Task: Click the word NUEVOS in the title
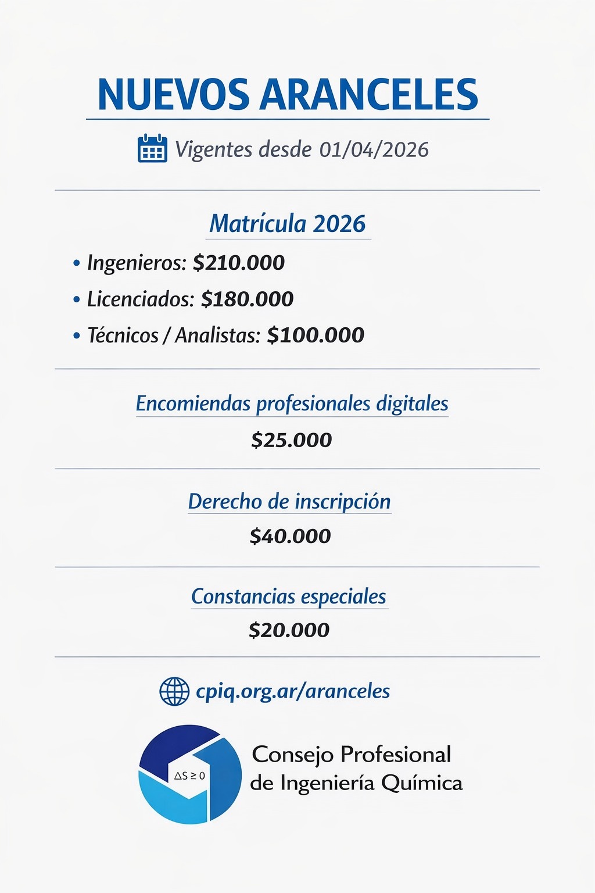pyautogui.click(x=174, y=94)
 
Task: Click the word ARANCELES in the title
pyautogui.click(x=368, y=94)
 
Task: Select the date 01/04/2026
pyautogui.click(x=374, y=149)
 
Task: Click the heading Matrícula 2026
pyautogui.click(x=288, y=224)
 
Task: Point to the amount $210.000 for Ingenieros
pyautogui.click(x=239, y=263)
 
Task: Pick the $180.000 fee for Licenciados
pyautogui.click(x=248, y=299)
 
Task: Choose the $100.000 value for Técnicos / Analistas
pyautogui.click(x=316, y=335)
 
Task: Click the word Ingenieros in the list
pyautogui.click(x=136, y=263)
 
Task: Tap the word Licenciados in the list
pyautogui.click(x=140, y=299)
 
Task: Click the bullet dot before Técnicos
pyautogui.click(x=76, y=335)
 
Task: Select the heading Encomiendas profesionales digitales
pyautogui.click(x=292, y=403)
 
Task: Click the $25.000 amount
pyautogui.click(x=292, y=440)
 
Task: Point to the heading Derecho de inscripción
pyautogui.click(x=289, y=501)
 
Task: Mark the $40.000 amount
pyautogui.click(x=291, y=536)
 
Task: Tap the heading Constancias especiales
pyautogui.click(x=289, y=596)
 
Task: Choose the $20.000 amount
pyautogui.click(x=289, y=630)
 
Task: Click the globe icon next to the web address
pyautogui.click(x=174, y=691)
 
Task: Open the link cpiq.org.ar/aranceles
pyautogui.click(x=293, y=691)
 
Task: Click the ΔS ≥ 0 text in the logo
pyautogui.click(x=189, y=776)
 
